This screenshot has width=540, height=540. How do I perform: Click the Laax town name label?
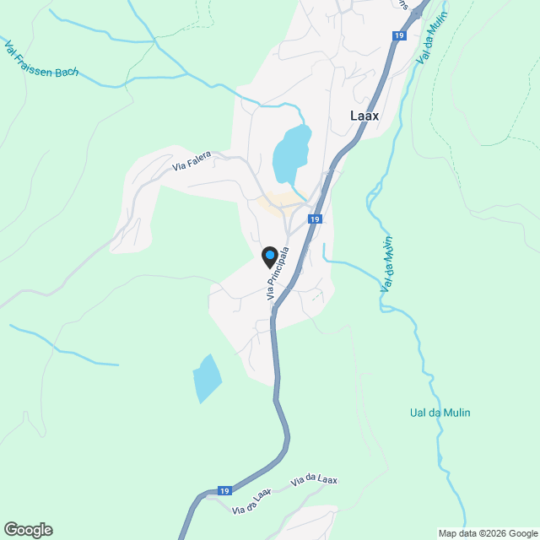coord(364,116)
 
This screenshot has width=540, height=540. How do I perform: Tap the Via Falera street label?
coord(192,161)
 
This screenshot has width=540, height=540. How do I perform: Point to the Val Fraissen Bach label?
coord(41,59)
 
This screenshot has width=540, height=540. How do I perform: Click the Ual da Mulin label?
coord(440,413)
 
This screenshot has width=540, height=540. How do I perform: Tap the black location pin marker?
coord(269,256)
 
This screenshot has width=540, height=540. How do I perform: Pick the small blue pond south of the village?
coord(207,376)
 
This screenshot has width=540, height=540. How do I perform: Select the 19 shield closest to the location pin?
coord(314,219)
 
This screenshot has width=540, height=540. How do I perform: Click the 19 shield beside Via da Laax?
coord(224,491)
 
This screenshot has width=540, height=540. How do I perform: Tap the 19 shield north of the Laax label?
coord(398,35)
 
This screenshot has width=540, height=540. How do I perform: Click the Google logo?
coord(28,530)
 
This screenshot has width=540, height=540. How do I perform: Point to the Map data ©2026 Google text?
coord(487,533)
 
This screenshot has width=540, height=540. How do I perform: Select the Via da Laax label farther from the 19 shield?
coord(314,481)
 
